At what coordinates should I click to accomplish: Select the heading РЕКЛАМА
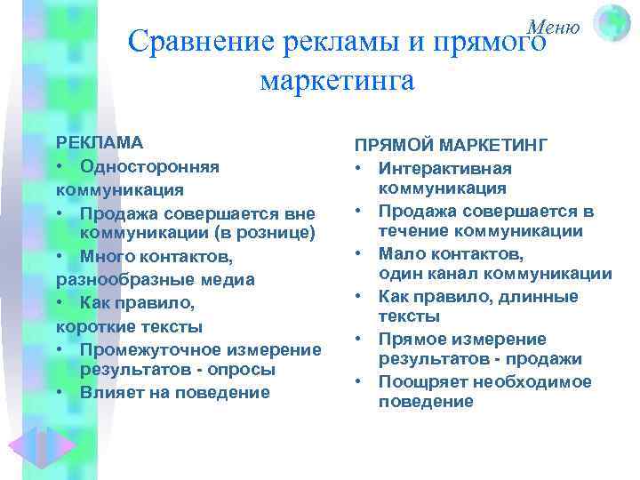[x=100, y=142]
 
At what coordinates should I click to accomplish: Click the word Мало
[x=397, y=253]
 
